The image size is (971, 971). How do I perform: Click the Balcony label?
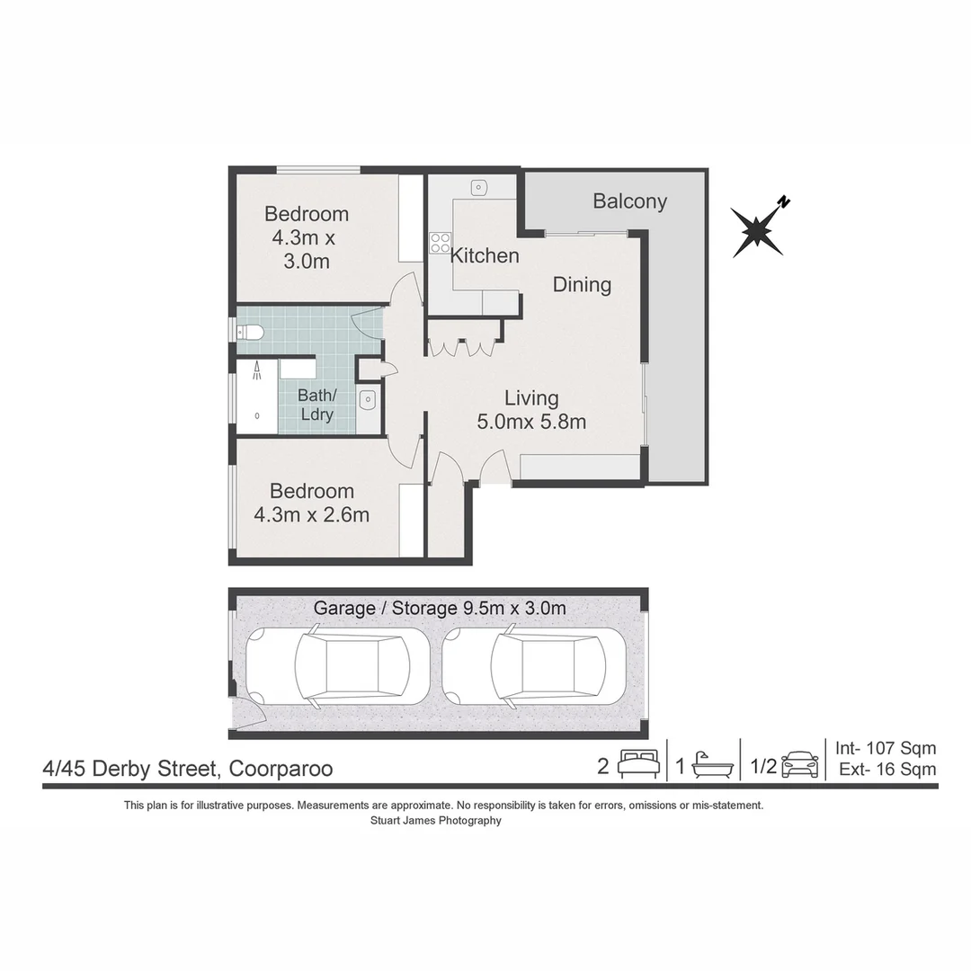629,201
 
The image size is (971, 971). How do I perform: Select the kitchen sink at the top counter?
478,186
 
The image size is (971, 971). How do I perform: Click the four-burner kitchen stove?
441,243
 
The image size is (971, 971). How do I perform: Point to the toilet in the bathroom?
251,334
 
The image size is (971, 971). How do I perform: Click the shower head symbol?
257,371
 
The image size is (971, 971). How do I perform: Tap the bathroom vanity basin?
367,400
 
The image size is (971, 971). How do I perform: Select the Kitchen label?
485,255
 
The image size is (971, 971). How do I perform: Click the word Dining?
582,285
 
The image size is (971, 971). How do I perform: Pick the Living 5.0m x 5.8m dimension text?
531,410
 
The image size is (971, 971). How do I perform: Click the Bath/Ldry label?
317,405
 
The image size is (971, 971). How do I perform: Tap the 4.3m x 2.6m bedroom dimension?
311,514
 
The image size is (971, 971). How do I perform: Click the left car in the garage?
338,665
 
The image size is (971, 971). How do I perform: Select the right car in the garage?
534,665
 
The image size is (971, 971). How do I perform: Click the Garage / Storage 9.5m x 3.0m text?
440,608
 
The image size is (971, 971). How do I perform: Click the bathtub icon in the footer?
712,766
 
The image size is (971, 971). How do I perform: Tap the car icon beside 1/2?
800,765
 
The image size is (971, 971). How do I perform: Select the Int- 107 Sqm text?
886,748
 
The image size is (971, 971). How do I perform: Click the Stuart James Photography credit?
436,821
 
